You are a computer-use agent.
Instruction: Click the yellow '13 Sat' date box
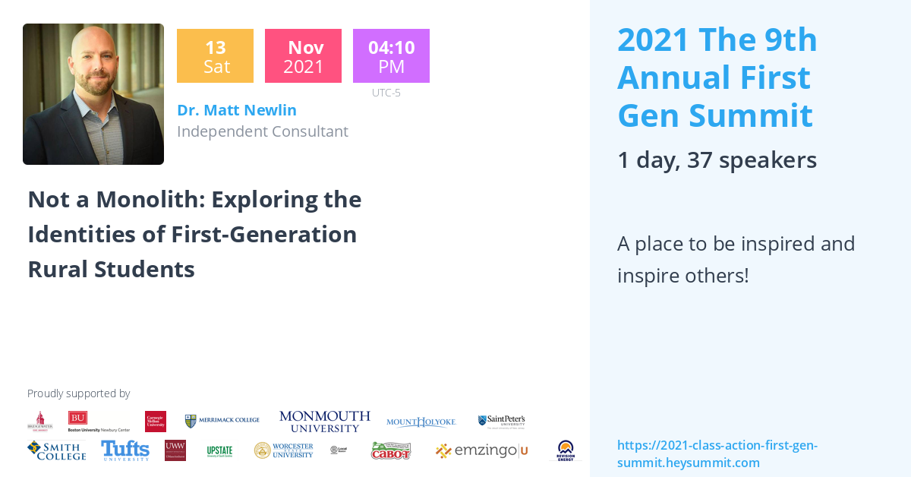coord(215,56)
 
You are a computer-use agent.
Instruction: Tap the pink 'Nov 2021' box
coord(303,56)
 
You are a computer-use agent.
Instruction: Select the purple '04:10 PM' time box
coord(391,56)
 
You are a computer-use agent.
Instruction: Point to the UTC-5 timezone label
coord(386,93)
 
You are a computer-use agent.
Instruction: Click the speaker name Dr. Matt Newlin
coord(237,110)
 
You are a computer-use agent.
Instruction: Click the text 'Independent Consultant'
coord(263,131)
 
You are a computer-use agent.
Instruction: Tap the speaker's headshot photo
coord(93,94)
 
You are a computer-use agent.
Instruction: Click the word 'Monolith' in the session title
coord(134,199)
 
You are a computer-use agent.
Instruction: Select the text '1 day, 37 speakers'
coord(717,160)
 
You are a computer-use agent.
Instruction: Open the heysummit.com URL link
coord(717,453)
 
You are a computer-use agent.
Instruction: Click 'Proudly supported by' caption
coord(78,393)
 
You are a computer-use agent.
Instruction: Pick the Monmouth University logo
coord(324,421)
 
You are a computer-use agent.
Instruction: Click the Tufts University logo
coord(125,450)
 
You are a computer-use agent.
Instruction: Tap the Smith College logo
coord(56,450)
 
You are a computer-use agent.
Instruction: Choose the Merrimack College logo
coord(222,421)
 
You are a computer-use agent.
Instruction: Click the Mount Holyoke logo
coord(421,422)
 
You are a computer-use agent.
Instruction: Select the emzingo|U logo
coord(481,451)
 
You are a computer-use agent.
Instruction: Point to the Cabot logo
coord(390,451)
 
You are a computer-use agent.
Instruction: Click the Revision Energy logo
coord(566,450)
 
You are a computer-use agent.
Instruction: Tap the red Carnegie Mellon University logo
coord(156,422)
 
